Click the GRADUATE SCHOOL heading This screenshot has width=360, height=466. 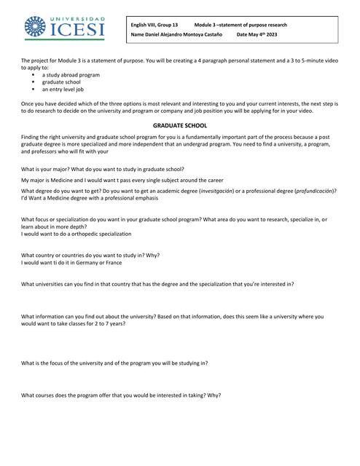click(180, 126)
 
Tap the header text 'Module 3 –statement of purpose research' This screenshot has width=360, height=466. click(240, 25)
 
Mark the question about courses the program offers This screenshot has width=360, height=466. click(121, 395)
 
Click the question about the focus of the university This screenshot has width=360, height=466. click(114, 363)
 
